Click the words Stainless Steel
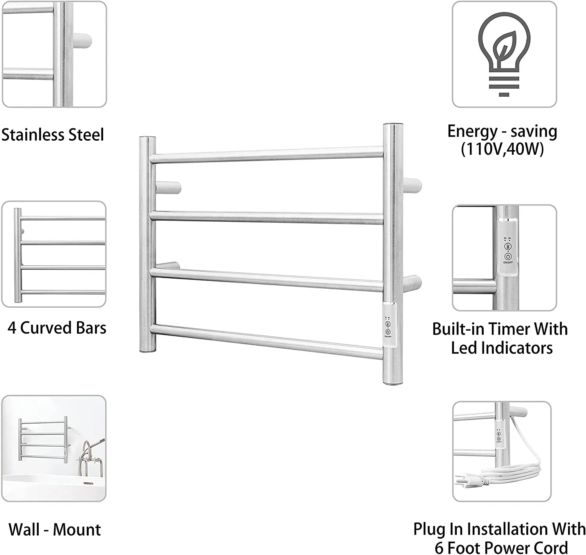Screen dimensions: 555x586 tap(53, 135)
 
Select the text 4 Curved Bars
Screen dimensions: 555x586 tap(57, 328)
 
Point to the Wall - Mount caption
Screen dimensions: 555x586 tap(55, 530)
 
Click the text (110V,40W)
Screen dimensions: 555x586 tap(502, 149)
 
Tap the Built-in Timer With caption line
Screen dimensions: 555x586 tap(500, 329)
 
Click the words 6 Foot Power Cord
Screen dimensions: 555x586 tap(501, 547)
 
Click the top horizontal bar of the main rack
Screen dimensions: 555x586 tap(266, 155)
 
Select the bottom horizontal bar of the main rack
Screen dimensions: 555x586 tap(266, 340)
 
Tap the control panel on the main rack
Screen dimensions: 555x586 tap(388, 325)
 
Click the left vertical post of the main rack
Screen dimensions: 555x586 tap(147, 244)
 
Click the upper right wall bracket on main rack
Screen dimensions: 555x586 tap(413, 184)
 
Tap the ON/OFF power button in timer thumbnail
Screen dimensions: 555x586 tap(507, 257)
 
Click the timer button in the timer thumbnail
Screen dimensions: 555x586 tap(507, 247)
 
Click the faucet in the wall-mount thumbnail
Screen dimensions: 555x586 tap(88, 457)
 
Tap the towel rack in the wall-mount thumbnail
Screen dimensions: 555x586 tap(43, 440)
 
